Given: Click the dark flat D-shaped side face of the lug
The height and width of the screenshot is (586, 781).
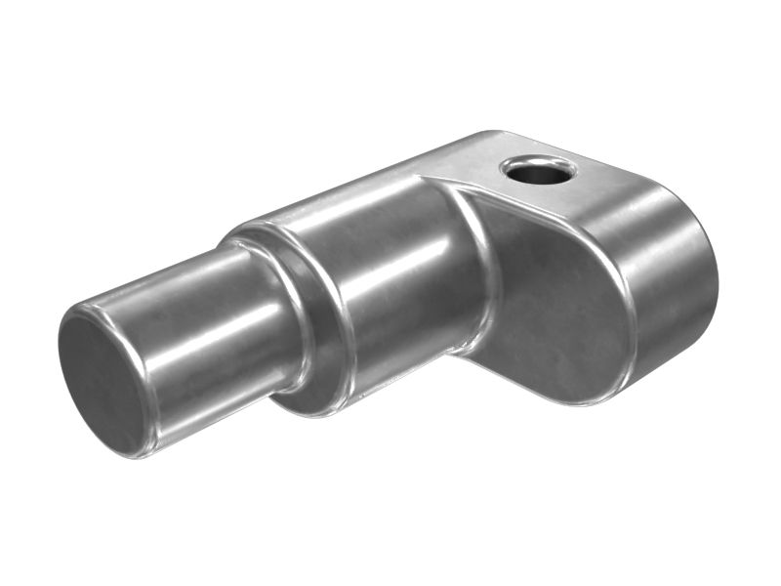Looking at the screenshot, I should (x=556, y=293).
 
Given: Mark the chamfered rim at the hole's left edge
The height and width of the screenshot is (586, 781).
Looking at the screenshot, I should (x=507, y=170).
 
